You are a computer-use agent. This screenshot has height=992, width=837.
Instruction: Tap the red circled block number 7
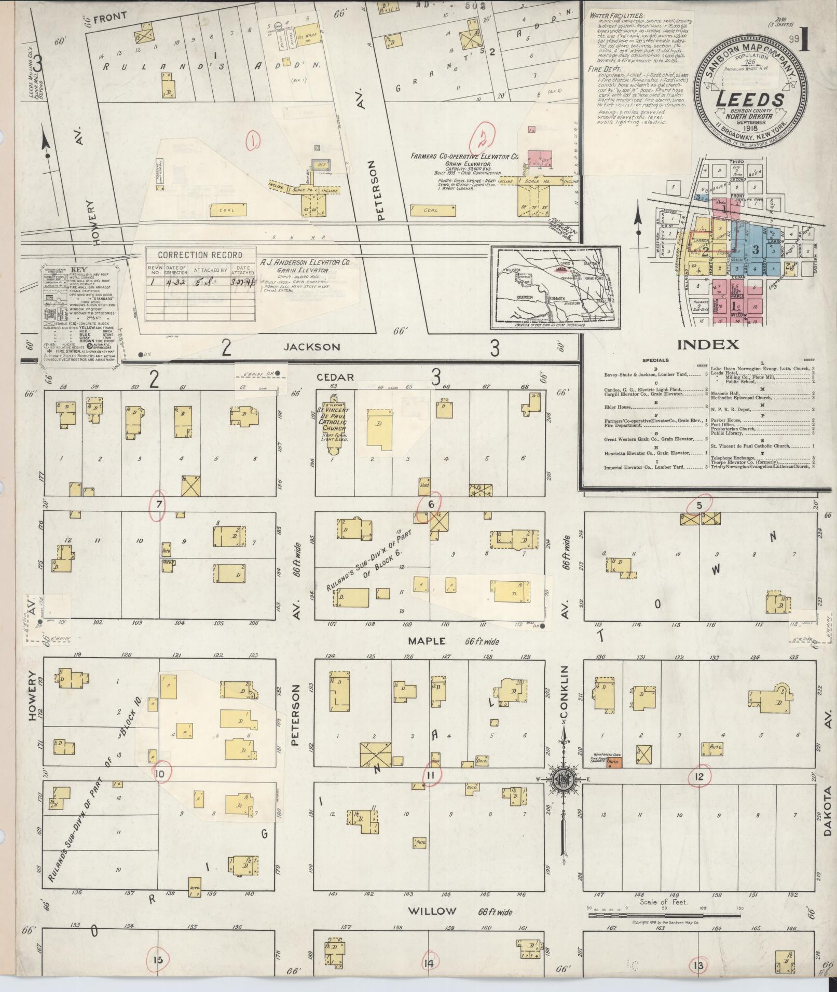(158, 504)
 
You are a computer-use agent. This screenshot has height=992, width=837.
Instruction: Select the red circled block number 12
(700, 776)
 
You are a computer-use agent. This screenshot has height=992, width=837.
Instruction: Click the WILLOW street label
(432, 911)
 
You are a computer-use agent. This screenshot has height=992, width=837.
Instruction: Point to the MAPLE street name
(427, 641)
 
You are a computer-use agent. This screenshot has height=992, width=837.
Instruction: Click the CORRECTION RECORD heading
(200, 255)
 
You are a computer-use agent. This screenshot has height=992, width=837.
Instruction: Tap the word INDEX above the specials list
(708, 344)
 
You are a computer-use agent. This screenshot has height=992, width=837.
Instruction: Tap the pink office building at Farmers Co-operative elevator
(540, 159)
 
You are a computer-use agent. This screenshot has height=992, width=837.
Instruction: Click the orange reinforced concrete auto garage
(614, 762)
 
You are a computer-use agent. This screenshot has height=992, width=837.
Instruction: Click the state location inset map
(555, 288)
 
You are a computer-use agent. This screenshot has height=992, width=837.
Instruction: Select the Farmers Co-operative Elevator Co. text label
(464, 156)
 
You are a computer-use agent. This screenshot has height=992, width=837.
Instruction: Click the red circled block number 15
(158, 960)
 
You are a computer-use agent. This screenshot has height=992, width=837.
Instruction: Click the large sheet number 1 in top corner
(805, 40)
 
